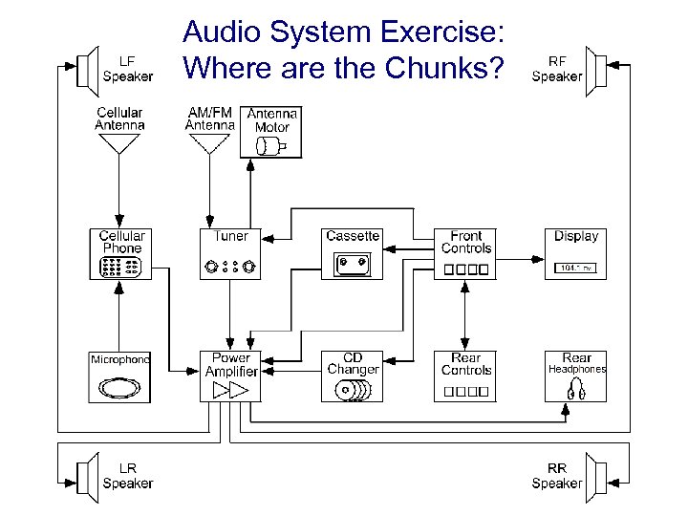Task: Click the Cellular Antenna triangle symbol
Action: [119, 143]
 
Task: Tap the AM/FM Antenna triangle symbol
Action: [208, 143]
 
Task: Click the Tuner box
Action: [230, 253]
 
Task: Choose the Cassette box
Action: [353, 253]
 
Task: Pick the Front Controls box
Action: [466, 253]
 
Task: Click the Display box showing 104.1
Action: [575, 253]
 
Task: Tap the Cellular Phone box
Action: [121, 253]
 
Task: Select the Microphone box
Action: [121, 376]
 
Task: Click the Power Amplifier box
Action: [230, 376]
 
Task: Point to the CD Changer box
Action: [353, 376]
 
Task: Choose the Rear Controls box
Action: [466, 376]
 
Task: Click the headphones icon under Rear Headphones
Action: [576, 389]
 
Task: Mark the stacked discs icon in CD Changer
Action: [353, 389]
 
